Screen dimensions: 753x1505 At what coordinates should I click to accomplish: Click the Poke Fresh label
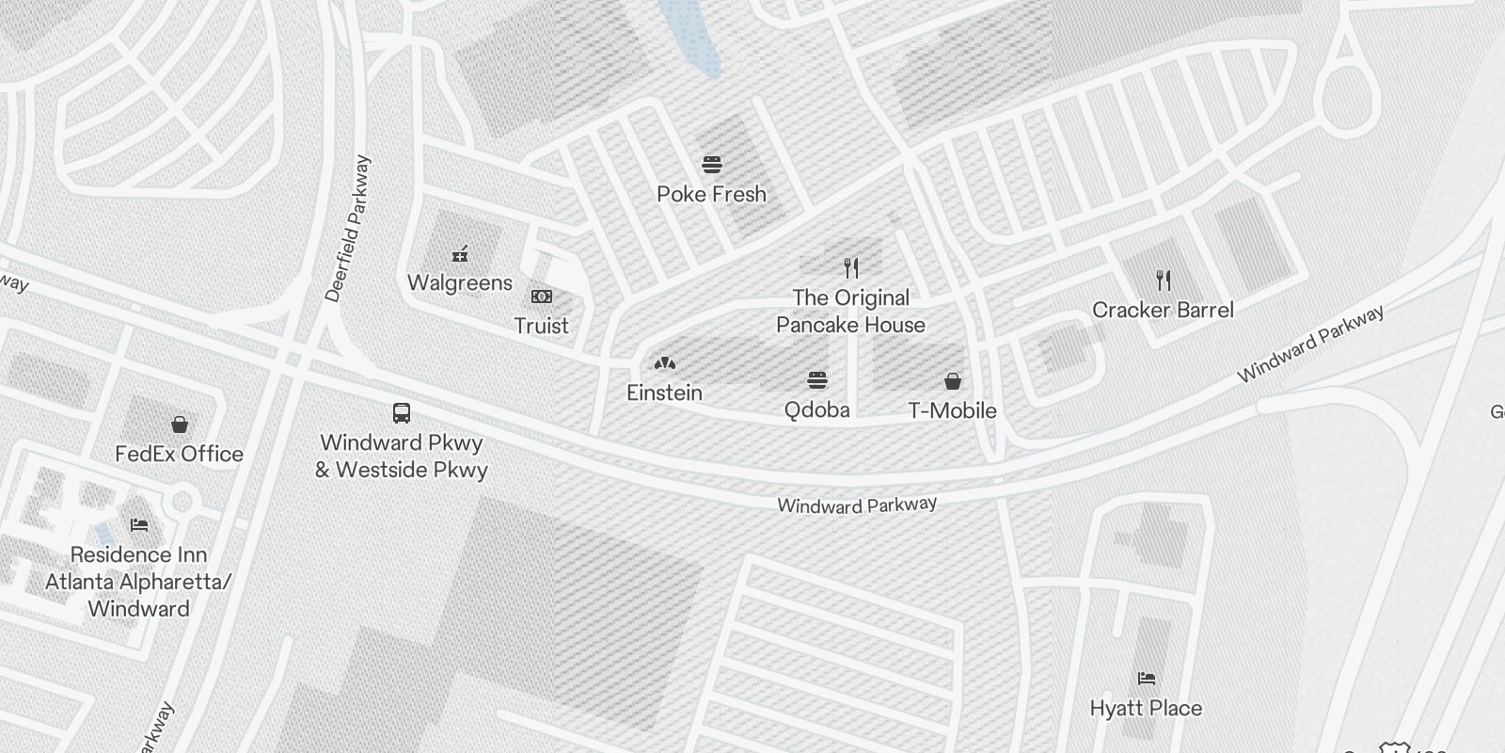coord(711,195)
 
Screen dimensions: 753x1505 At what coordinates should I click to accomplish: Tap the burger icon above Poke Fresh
coord(712,165)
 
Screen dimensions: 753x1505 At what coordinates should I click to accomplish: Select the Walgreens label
coord(460,283)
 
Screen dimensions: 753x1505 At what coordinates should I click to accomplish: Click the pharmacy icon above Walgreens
coord(460,253)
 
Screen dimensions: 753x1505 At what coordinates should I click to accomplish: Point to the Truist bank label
coord(541,327)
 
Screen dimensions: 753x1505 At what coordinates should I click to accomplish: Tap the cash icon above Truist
coord(542,296)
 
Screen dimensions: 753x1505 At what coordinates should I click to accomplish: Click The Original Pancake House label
coord(850,312)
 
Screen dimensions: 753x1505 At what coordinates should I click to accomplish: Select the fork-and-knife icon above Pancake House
coord(851,267)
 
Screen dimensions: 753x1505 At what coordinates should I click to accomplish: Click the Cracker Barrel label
coord(1163,311)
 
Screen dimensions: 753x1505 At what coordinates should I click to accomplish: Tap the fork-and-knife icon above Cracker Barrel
coord(1164,280)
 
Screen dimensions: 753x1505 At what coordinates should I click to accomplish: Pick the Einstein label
coord(664,393)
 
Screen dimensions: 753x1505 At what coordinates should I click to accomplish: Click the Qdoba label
coord(816,410)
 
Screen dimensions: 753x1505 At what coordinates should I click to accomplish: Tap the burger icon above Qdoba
coord(817,380)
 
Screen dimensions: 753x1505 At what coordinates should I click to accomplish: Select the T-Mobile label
coord(952,411)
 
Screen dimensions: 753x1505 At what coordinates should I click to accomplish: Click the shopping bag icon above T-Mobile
coord(953,381)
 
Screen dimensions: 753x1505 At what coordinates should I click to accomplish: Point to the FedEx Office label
coord(179,455)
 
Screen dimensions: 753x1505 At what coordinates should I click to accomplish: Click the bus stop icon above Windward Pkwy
coord(402,412)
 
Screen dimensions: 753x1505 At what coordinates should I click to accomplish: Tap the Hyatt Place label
coord(1146,709)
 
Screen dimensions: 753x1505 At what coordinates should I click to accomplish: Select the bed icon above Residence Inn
coord(139,524)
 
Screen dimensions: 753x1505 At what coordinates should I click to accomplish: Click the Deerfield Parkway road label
coord(348,229)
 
